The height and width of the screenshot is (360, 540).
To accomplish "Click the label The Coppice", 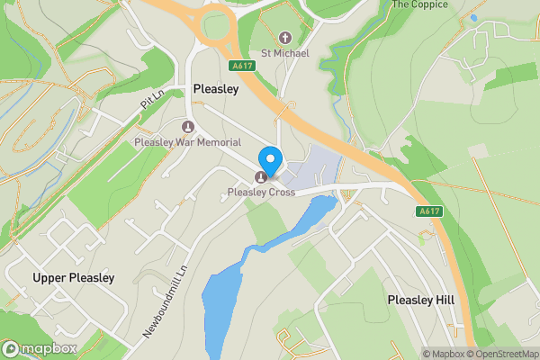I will (x=419, y=4).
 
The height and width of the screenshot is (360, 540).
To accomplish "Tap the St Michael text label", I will (x=285, y=53).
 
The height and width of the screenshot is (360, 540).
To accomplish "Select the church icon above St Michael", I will (x=285, y=37).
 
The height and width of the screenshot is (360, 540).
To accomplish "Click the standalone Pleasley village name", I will (x=215, y=89).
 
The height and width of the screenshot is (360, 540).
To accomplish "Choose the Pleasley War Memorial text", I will (x=187, y=143).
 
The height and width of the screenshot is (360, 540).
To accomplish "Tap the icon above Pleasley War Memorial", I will (x=188, y=127).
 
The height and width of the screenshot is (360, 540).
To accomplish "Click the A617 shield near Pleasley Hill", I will (x=430, y=211).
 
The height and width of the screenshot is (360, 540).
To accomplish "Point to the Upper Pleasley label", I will (x=74, y=277).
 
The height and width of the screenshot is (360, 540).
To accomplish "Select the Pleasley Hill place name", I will (x=421, y=299).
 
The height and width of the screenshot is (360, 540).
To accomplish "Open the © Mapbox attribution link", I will (x=445, y=354).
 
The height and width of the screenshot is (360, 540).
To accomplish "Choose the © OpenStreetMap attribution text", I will (x=503, y=354).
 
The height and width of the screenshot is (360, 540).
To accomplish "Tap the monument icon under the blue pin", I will (x=262, y=176).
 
